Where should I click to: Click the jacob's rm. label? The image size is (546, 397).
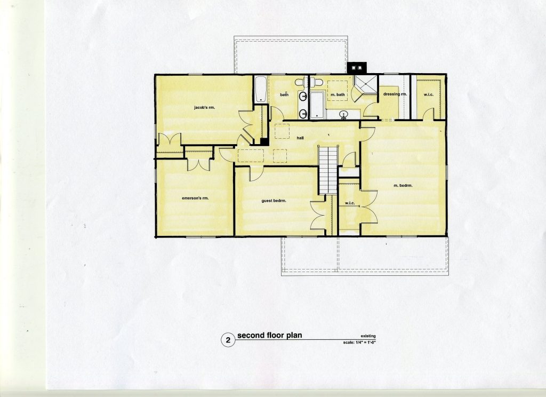tap(204, 108)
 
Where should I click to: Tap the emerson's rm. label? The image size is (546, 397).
tap(195, 198)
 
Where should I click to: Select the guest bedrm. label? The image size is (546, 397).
tap(274, 201)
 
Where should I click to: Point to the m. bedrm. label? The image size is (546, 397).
tap(403, 186)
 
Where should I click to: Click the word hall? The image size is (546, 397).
tap(300, 138)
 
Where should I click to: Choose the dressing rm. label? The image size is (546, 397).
tap(395, 94)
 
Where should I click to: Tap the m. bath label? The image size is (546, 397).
tap(338, 94)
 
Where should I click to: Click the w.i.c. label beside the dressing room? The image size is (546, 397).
tap(428, 94)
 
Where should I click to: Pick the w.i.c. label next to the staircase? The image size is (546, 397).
tap(350, 203)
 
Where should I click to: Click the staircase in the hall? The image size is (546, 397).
tap(328, 170)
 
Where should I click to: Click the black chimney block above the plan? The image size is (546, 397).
tap(357, 68)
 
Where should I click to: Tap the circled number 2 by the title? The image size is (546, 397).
tap(228, 340)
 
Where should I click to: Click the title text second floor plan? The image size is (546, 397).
tap(269, 336)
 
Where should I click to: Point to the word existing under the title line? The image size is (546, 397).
tap(368, 336)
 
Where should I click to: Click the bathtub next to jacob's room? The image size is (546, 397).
tap(260, 89)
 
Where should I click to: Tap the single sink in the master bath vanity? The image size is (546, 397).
tap(344, 114)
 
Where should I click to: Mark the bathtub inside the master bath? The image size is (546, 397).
tap(317, 105)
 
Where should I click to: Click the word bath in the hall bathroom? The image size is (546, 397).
tap(285, 94)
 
